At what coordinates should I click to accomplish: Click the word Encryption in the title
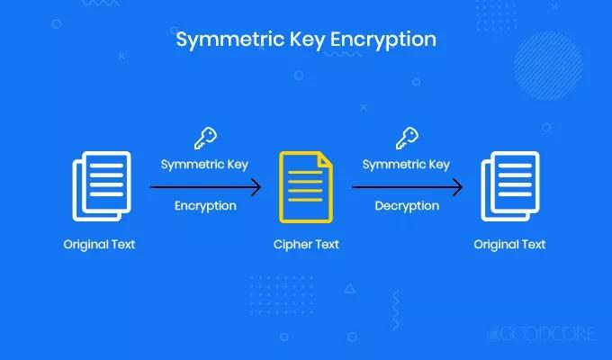point(383,40)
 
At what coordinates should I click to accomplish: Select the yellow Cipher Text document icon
point(306,187)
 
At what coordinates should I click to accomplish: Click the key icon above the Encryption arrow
point(206,138)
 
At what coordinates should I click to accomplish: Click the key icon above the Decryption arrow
point(407,138)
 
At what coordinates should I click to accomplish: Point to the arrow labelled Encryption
point(206,187)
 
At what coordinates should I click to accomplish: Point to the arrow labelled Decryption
point(407,187)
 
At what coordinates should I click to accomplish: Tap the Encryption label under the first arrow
point(205,206)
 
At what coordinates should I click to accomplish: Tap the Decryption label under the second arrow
point(407,206)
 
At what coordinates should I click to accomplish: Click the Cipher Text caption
point(306,245)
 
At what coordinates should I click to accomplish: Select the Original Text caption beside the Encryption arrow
point(99,245)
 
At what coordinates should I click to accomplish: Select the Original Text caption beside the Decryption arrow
point(509,245)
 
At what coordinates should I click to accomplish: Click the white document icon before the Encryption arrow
point(102,186)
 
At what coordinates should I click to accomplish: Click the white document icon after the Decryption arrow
point(510,186)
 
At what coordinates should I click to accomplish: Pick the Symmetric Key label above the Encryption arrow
point(204,165)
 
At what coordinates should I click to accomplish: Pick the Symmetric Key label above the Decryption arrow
point(406,165)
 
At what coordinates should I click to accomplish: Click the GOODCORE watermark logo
point(542,334)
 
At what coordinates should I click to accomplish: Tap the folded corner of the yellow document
point(326,160)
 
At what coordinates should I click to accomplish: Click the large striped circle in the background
point(548,66)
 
